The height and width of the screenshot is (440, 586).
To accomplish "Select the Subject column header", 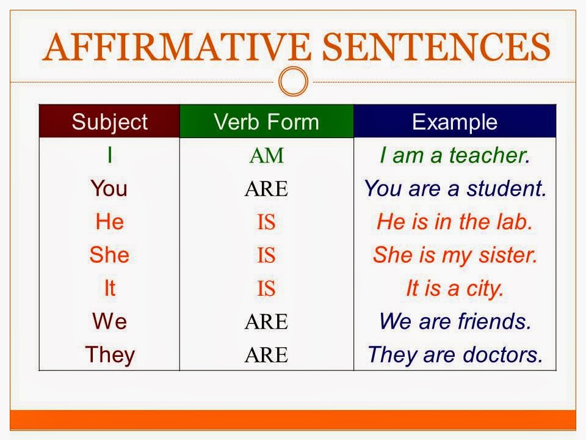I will pyautogui.click(x=109, y=122).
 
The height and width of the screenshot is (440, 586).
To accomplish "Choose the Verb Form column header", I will pyautogui.click(x=266, y=122).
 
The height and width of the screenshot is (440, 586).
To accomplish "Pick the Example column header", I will pyautogui.click(x=455, y=122).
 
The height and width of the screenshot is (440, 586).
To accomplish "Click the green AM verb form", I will pyautogui.click(x=266, y=156).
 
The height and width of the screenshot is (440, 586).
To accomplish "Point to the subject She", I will pyautogui.click(x=109, y=255).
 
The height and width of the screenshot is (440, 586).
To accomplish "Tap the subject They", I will pyautogui.click(x=109, y=354).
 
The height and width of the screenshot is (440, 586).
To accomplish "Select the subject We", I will pyautogui.click(x=109, y=321).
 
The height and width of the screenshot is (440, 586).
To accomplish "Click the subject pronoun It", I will pyautogui.click(x=109, y=288).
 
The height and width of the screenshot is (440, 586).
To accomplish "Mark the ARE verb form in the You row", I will pyautogui.click(x=266, y=189).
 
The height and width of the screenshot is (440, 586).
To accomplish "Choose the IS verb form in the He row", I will pyautogui.click(x=266, y=222).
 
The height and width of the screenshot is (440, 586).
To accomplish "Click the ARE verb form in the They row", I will pyautogui.click(x=266, y=355).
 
